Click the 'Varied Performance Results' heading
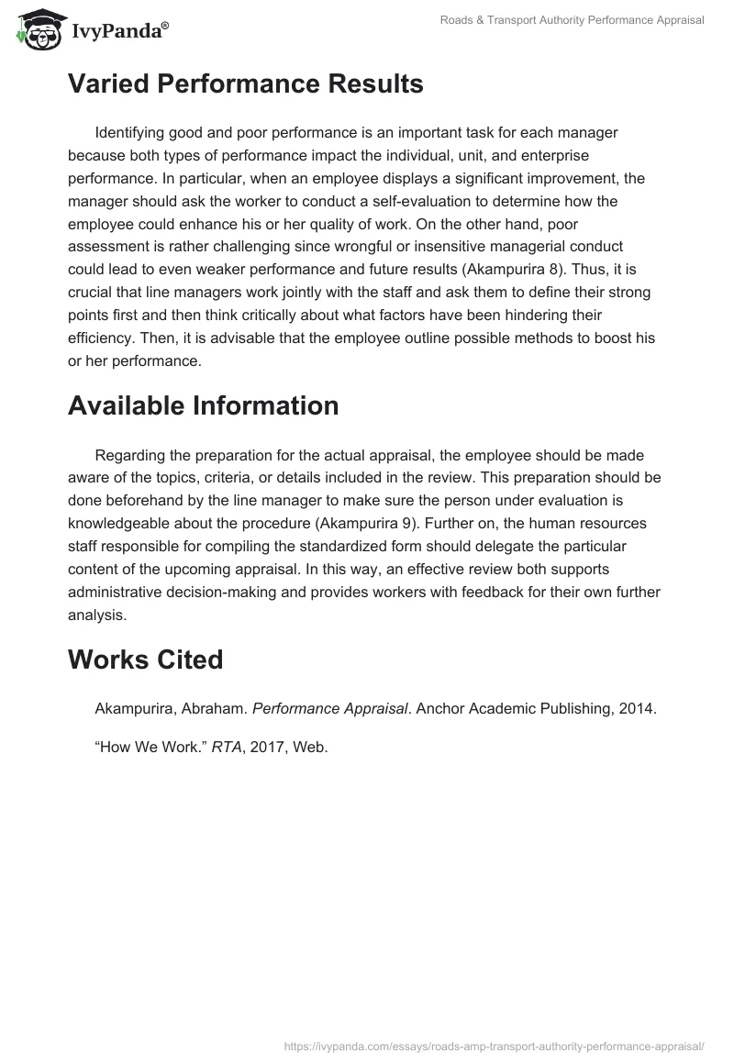[x=245, y=84]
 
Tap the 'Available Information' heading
[x=203, y=405]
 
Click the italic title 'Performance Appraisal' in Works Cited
[x=329, y=708]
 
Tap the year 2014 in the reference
[x=638, y=708]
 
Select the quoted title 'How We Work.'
[x=150, y=747]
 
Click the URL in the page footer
[x=494, y=1045]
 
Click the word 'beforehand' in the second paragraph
[x=137, y=501]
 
